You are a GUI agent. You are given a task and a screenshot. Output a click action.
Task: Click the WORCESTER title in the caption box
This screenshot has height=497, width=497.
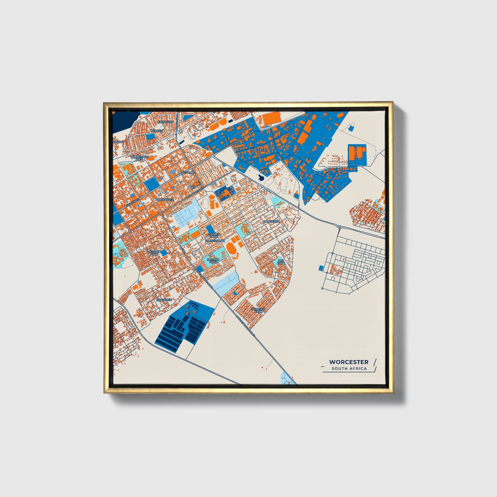348,362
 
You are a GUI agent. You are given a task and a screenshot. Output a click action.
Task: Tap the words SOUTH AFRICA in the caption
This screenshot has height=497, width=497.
349,369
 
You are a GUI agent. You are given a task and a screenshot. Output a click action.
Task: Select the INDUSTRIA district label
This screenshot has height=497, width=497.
259,150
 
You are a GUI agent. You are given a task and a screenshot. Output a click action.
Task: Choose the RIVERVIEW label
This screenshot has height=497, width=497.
164,300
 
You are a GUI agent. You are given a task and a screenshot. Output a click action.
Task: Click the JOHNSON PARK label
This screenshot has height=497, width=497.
259,310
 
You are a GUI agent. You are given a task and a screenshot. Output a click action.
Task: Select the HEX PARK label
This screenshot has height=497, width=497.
281,262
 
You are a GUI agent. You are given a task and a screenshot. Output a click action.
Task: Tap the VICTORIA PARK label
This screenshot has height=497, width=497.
154,253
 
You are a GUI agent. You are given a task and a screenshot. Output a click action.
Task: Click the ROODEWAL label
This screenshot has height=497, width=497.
271,222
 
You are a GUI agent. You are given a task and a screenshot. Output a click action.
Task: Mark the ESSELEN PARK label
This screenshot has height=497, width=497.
213,236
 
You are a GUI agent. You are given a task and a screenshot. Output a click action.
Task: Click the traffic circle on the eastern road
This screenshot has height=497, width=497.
339,227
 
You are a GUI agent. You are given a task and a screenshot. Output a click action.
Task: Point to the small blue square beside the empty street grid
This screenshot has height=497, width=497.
321,268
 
